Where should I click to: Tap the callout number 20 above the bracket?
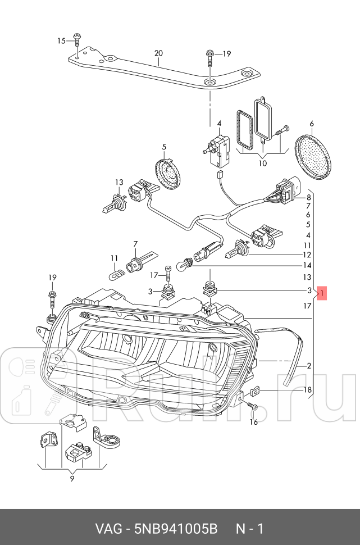(x=158, y=53)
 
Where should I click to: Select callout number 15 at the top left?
(x=62, y=40)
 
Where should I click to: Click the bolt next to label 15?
(x=77, y=39)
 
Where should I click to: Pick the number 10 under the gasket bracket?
(x=262, y=164)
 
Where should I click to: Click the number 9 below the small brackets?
(x=72, y=479)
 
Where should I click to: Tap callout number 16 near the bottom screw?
(x=253, y=422)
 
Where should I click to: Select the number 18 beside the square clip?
(x=307, y=390)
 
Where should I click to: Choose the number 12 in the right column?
(x=307, y=255)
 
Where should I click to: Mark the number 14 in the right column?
(x=307, y=265)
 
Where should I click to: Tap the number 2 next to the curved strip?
(x=308, y=366)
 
